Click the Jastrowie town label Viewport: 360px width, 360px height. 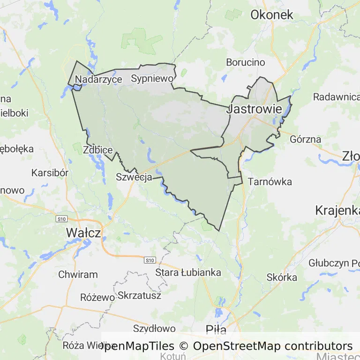point(255,110)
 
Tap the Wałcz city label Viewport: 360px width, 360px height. point(83,232)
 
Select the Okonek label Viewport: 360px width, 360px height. point(272,15)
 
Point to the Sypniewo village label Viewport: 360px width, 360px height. point(152,78)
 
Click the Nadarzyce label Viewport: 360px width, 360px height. point(98,79)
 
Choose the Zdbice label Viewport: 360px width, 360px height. point(97,150)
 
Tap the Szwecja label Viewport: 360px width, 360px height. point(134,177)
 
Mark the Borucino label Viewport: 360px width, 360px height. point(245,62)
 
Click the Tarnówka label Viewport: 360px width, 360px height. point(270,181)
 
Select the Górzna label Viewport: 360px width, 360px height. point(306,139)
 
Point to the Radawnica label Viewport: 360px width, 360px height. point(336,97)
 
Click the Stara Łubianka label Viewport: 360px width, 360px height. point(188,272)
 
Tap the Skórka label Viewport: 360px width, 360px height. point(282,277)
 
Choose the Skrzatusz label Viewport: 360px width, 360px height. point(140,295)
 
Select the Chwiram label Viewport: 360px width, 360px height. point(78,275)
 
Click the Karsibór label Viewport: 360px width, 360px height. point(50,172)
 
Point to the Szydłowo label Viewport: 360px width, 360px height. point(154,329)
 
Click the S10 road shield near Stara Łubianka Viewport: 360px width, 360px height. point(150,260)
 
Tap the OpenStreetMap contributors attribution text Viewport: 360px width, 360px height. point(273,346)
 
